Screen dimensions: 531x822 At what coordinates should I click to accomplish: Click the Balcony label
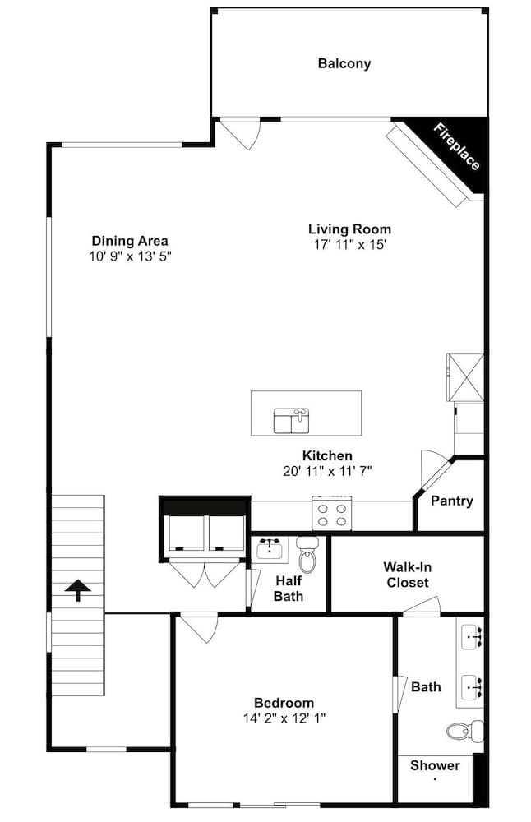pyautogui.click(x=344, y=64)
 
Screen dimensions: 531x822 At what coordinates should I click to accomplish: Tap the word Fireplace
pyautogui.click(x=456, y=147)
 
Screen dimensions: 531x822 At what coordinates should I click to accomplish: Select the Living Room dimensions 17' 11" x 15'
pyautogui.click(x=349, y=245)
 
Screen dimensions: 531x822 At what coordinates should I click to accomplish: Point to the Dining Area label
pyautogui.click(x=130, y=241)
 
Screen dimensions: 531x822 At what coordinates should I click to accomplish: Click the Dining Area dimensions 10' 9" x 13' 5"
pyautogui.click(x=131, y=256)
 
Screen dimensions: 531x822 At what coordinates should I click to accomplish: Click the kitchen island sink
pyautogui.click(x=292, y=421)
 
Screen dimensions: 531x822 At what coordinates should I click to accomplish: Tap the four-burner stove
pyautogui.click(x=332, y=514)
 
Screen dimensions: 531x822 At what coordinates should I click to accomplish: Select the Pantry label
pyautogui.click(x=452, y=501)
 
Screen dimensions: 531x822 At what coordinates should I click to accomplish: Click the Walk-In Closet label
pyautogui.click(x=408, y=575)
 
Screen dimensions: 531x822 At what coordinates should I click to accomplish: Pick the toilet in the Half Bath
pyautogui.click(x=307, y=555)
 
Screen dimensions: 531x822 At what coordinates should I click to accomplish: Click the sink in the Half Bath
pyautogui.click(x=270, y=550)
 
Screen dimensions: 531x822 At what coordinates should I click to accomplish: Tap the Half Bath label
pyautogui.click(x=289, y=589)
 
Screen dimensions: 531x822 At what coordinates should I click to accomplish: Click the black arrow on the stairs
pyautogui.click(x=77, y=589)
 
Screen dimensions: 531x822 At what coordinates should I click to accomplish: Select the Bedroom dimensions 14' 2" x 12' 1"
pyautogui.click(x=284, y=718)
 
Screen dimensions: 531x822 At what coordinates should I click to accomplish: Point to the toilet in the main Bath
pyautogui.click(x=465, y=731)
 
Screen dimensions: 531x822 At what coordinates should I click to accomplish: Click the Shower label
pyautogui.click(x=435, y=765)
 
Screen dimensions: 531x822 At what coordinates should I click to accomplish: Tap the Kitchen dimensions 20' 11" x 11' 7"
pyautogui.click(x=328, y=471)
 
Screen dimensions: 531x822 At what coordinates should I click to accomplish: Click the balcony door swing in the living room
pyautogui.click(x=239, y=135)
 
